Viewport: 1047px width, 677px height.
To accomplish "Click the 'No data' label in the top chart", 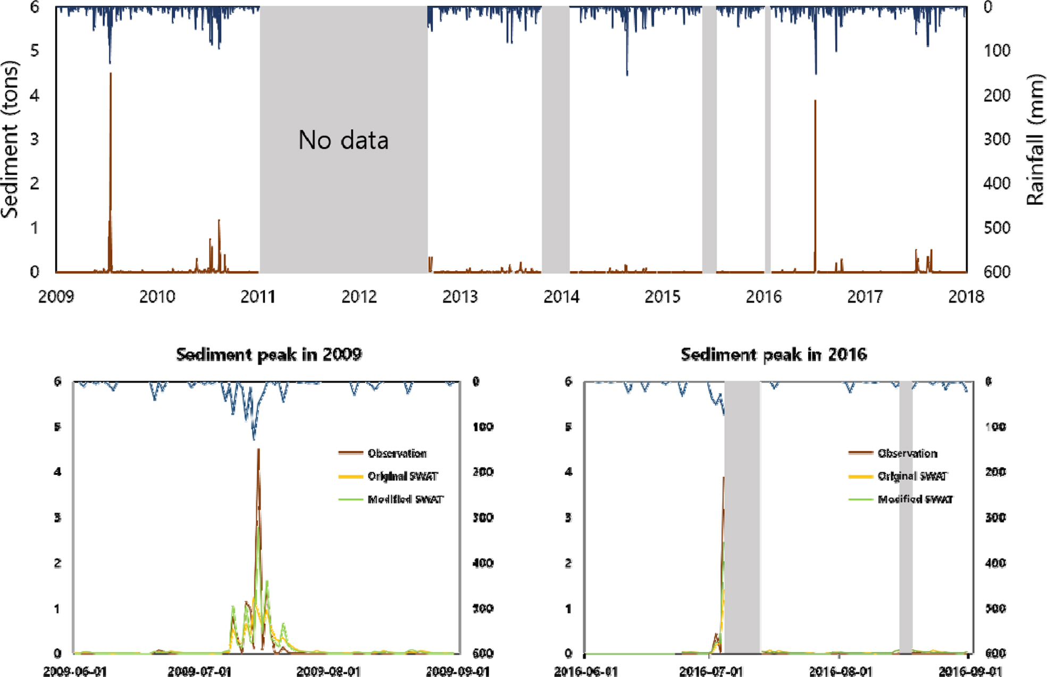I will coord(344,140).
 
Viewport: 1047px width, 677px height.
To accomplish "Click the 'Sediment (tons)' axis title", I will coord(10,140).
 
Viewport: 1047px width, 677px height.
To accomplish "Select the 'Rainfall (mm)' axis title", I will coord(1035,140).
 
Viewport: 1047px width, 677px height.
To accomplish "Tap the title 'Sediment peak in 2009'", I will coord(269,354).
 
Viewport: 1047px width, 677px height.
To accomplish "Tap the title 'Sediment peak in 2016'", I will coord(774,354).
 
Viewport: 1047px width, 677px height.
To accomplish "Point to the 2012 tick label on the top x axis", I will coord(359,296).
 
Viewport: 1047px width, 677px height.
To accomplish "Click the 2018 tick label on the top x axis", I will coord(966,296).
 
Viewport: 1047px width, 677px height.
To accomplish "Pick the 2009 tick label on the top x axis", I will coord(56,296).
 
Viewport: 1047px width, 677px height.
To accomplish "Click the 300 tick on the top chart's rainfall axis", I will coord(998,139).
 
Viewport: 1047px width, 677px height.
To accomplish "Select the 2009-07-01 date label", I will coord(199,671).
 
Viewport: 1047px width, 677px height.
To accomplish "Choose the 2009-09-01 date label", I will coord(458,671).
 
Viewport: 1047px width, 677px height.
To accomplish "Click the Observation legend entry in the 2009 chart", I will coord(397,453).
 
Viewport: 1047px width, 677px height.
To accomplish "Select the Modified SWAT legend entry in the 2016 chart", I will coord(915,499).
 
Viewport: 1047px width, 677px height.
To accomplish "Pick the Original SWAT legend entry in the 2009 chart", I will coord(403,476).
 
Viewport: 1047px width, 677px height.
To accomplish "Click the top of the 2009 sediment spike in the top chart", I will coord(111,73).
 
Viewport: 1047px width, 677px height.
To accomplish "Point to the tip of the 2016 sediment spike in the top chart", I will coord(815,101).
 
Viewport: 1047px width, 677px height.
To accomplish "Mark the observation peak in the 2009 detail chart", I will coord(258,450).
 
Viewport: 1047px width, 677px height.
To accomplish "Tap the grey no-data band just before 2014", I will coord(555,140).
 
